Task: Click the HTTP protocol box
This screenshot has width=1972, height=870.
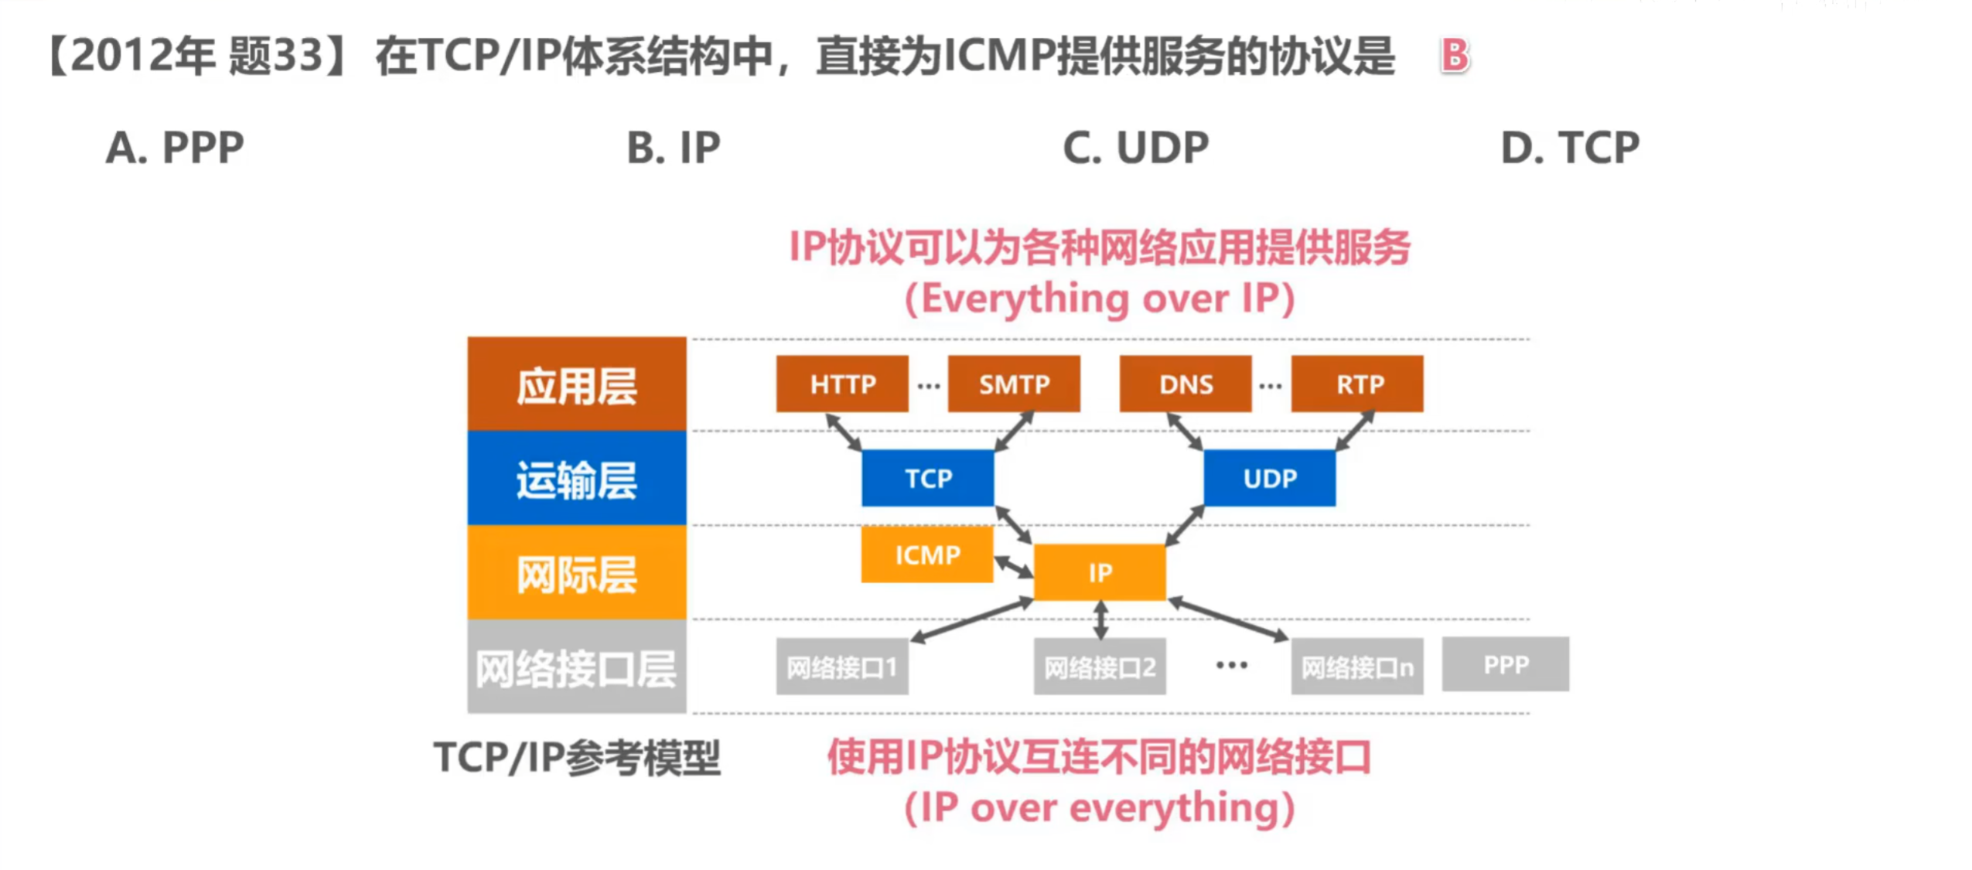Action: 841,384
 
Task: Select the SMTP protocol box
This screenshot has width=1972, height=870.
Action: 1013,384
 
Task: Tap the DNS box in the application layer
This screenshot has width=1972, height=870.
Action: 1185,384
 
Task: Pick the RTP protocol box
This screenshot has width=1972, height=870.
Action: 1356,384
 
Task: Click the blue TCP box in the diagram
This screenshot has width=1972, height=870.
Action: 927,478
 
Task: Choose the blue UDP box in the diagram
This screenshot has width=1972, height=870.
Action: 1269,478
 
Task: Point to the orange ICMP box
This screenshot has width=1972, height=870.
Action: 926,554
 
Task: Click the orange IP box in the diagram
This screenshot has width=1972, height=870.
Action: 1099,572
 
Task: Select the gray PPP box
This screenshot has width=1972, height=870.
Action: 1505,664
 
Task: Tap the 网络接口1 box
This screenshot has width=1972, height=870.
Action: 841,667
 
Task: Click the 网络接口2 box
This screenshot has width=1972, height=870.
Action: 1099,667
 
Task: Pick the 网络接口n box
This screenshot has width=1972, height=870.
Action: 1356,667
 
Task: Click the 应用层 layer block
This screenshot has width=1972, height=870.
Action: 576,384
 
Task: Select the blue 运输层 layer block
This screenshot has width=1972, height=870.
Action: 576,479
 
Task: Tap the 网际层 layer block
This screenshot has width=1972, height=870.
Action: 576,573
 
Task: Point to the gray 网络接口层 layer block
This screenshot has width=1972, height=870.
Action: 576,667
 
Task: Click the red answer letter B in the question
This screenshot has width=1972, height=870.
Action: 1454,56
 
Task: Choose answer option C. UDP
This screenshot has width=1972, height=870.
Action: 1134,148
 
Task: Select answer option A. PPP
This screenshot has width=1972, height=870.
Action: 174,148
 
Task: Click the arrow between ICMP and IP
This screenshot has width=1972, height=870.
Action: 1013,566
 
